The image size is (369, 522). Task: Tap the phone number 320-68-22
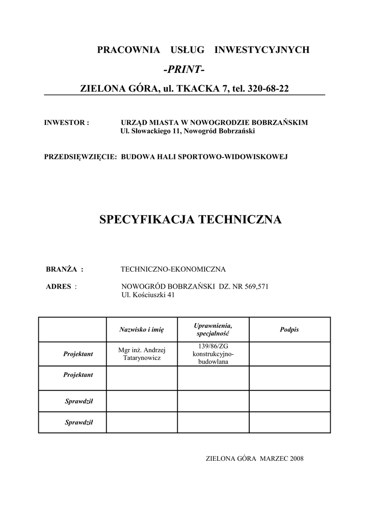point(268,89)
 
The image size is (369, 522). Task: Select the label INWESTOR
point(67,123)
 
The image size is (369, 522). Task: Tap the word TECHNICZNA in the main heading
point(240,220)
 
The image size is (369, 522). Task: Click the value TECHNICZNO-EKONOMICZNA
point(173,269)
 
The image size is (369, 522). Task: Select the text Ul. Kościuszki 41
point(148,295)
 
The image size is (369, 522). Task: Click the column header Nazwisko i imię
point(141,330)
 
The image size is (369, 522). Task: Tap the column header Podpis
point(289,330)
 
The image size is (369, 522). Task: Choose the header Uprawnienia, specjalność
point(213,329)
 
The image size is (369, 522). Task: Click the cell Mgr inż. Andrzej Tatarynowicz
point(141,354)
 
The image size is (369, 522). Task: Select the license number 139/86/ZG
point(213,347)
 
